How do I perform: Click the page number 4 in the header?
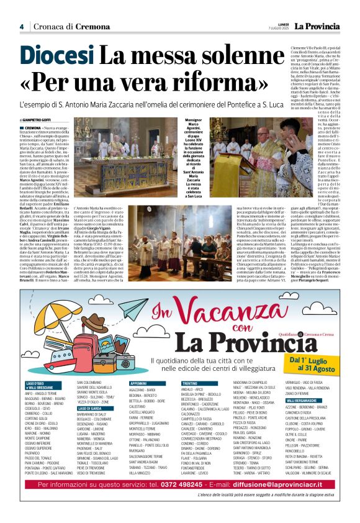point(22,27)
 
